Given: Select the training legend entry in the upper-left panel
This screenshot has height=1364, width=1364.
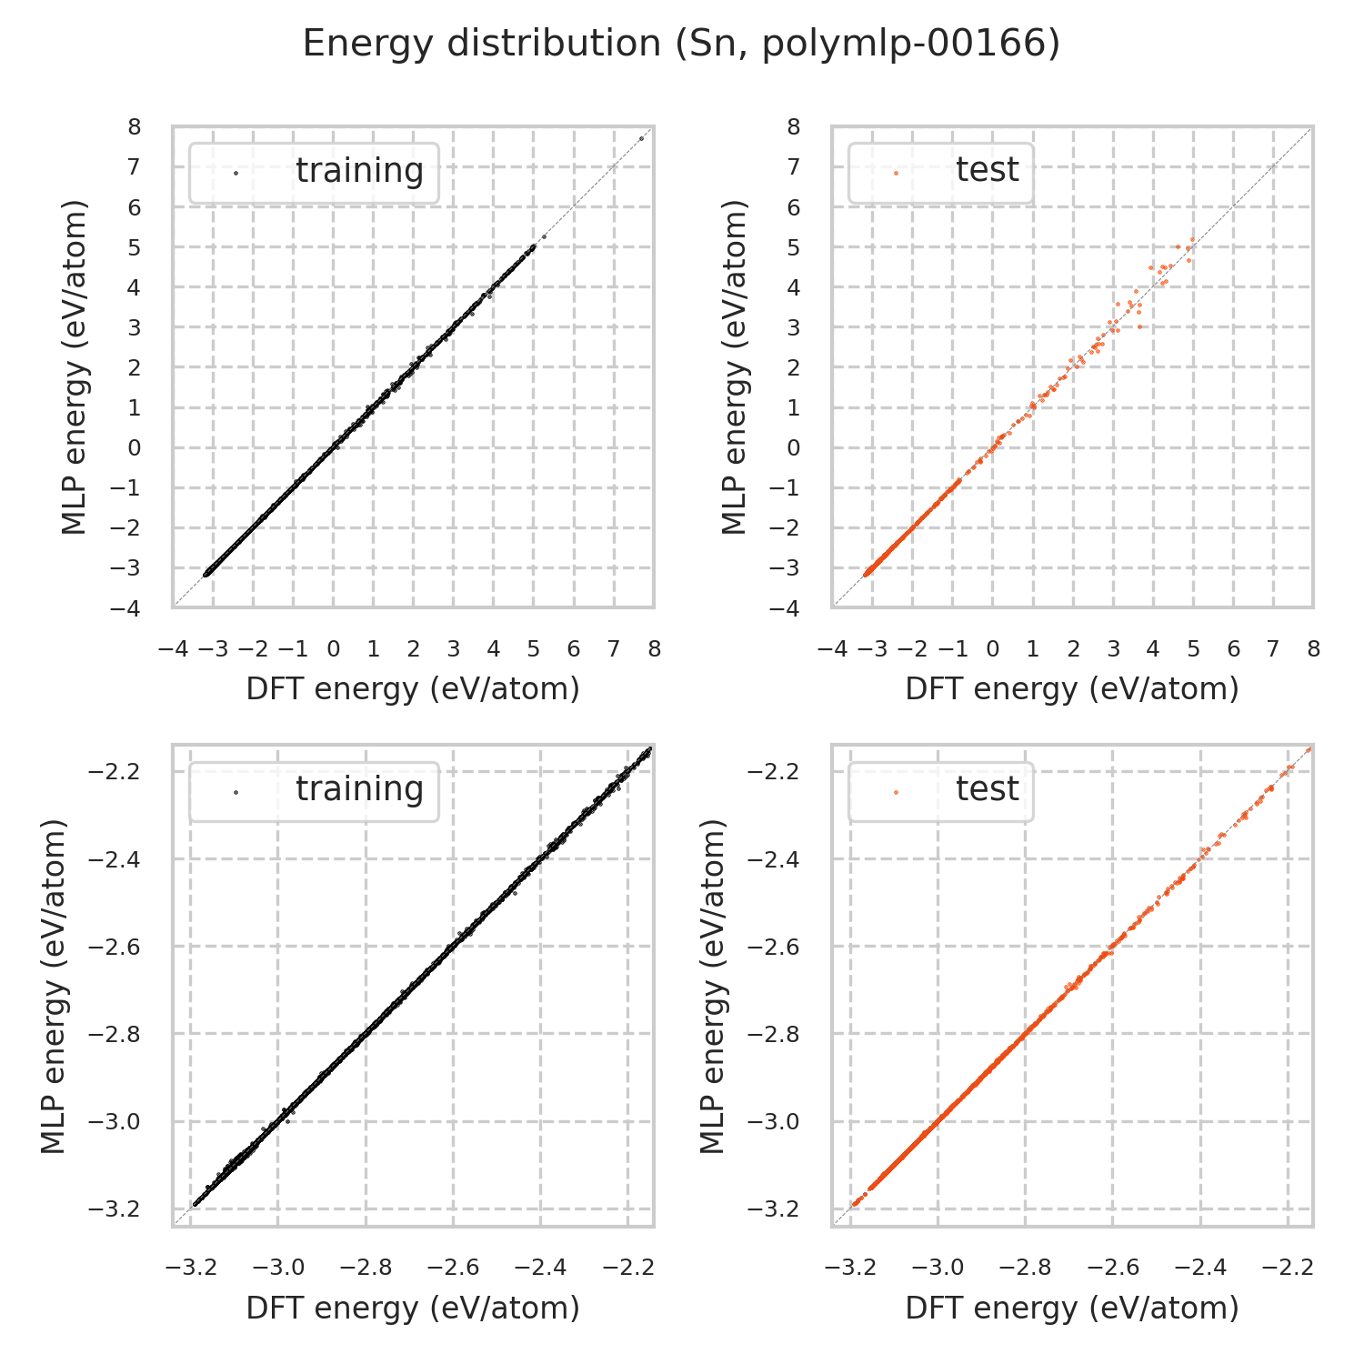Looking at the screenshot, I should [x=359, y=171].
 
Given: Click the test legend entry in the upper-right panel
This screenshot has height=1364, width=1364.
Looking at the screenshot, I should [x=987, y=171].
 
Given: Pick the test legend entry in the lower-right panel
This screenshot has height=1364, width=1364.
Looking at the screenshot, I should [x=987, y=789].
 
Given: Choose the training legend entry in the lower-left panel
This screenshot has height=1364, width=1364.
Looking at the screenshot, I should [x=359, y=789].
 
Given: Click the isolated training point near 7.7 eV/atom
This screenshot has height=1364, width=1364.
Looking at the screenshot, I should [x=641, y=138].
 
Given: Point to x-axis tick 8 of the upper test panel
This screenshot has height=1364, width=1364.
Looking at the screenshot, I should [x=1313, y=649].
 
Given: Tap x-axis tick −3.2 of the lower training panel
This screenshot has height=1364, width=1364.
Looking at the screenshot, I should [x=191, y=1268].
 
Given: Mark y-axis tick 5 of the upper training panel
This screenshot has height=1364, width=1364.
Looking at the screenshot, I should [x=135, y=247].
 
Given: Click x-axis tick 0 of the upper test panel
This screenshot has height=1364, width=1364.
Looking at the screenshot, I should [x=993, y=649].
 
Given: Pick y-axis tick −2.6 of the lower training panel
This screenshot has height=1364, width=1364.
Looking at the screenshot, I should [x=115, y=947].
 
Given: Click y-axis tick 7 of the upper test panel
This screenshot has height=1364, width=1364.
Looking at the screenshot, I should [x=794, y=167].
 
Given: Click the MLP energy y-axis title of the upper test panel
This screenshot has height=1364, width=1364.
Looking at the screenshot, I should [x=734, y=367].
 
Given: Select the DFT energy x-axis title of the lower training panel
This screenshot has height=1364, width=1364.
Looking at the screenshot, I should [x=413, y=1308].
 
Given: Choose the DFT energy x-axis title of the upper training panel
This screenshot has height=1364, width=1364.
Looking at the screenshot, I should [x=413, y=689].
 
